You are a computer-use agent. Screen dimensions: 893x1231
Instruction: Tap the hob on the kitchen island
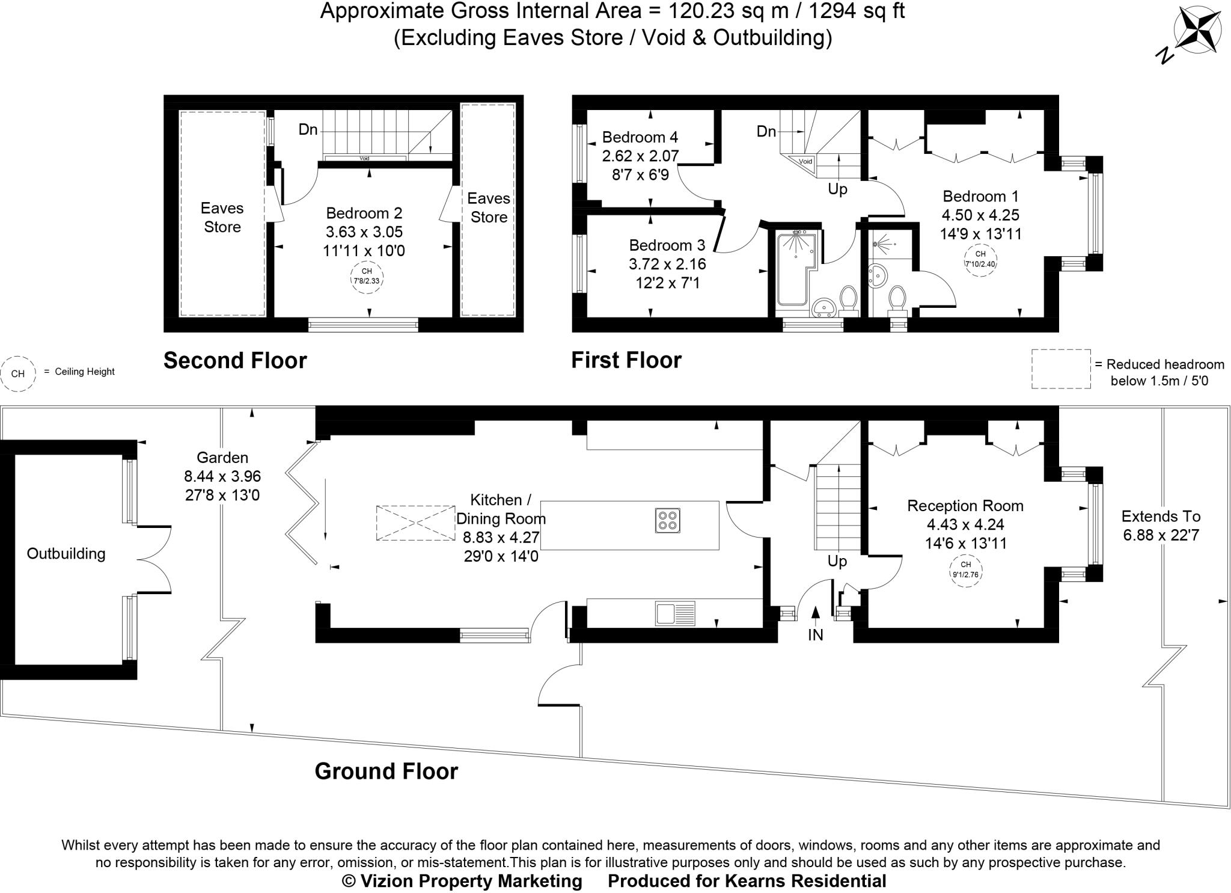668,521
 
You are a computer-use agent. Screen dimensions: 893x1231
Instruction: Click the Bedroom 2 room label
364,213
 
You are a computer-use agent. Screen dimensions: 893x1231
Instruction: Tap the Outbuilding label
66,554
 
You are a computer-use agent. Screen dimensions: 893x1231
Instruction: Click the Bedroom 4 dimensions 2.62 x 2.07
640,156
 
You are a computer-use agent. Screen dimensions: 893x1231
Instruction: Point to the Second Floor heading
235,360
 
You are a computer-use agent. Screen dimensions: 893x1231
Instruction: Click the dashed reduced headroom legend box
1061,369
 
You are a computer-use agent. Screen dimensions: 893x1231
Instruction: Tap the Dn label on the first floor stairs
766,131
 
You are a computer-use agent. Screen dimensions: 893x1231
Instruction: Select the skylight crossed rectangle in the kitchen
415,523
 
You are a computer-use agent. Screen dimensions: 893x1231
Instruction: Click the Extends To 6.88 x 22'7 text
1161,526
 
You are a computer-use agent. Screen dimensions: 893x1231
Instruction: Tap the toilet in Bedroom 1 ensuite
897,299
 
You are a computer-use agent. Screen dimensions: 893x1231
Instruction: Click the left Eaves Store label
222,217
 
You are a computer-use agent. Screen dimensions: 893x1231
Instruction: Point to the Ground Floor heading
386,771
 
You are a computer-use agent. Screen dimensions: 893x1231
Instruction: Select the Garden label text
222,458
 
